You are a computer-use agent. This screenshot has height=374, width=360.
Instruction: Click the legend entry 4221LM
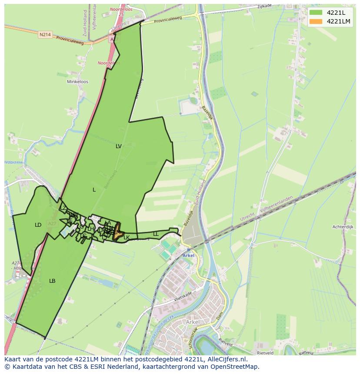[338, 21]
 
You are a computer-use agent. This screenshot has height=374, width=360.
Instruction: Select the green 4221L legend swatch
[316, 13]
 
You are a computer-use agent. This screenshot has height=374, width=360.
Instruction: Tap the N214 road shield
[44, 35]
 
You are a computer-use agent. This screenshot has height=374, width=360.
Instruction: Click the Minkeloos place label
[77, 82]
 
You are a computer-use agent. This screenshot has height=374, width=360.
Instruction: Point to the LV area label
[119, 146]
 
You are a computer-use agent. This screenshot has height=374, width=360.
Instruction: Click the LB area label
[52, 281]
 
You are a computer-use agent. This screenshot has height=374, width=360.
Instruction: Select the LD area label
[38, 225]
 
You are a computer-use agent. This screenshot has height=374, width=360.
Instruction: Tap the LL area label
[156, 234]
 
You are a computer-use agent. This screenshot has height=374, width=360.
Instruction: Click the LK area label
[127, 237]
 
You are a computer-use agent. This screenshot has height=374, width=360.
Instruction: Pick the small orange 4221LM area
[117, 235]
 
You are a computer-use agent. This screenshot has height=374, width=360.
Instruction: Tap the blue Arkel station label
[188, 255]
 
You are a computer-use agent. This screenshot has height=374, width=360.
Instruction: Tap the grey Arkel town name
[193, 322]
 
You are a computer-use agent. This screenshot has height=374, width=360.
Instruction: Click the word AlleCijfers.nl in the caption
[227, 359]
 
